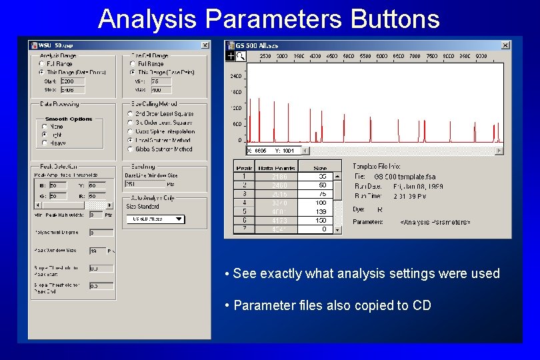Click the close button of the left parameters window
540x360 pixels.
click(x=205, y=45)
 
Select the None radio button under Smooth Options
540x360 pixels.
click(x=45, y=126)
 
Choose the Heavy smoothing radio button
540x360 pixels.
click(x=45, y=143)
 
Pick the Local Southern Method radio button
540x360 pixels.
click(x=129, y=141)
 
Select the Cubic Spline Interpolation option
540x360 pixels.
click(x=129, y=131)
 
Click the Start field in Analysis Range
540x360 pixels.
click(x=72, y=81)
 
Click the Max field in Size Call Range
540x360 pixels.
click(x=161, y=89)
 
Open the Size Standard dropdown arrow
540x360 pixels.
click(x=178, y=219)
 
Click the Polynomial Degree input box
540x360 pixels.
click(x=101, y=233)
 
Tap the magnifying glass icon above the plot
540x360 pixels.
click(x=241, y=57)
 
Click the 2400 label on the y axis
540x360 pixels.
click(x=236, y=76)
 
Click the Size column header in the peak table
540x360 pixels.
click(x=320, y=168)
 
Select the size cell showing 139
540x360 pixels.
click(x=320, y=211)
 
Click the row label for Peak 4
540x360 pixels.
click(x=245, y=203)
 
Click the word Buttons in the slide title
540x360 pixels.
click(x=395, y=19)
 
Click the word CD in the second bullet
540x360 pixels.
click(x=422, y=305)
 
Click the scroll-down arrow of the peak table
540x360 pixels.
click(x=337, y=229)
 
